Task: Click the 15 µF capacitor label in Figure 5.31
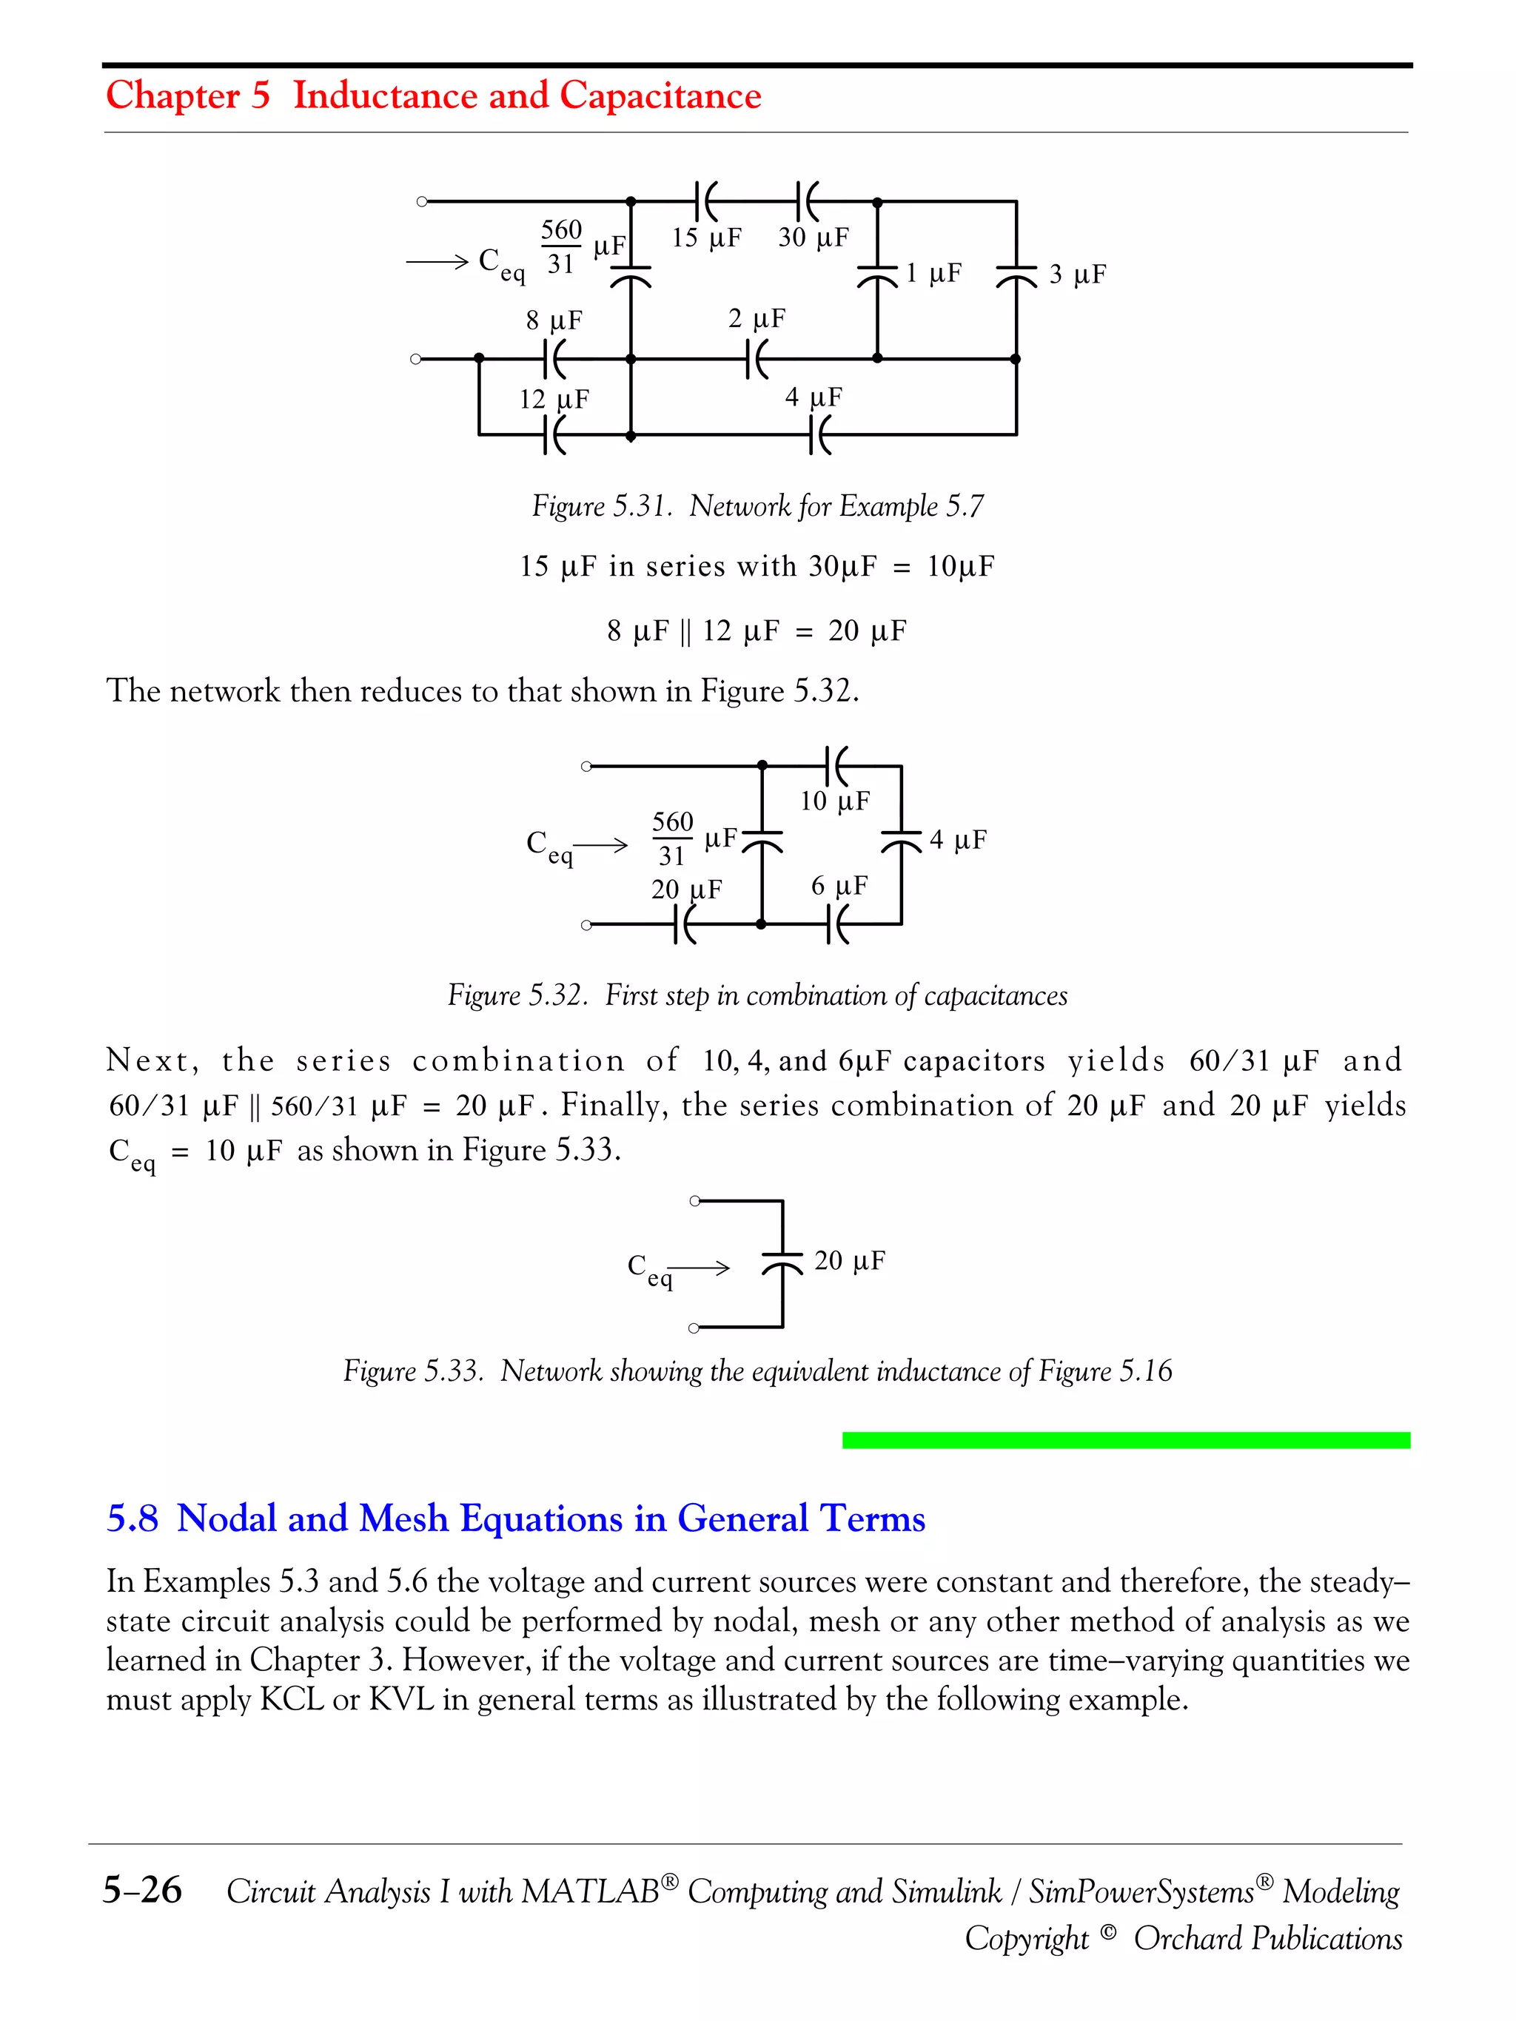tap(705, 238)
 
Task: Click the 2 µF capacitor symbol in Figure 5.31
tap(757, 359)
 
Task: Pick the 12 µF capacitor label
tap(554, 400)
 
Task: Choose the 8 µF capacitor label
tap(554, 320)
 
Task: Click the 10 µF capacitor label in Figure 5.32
tap(834, 801)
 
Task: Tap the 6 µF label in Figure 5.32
tap(839, 887)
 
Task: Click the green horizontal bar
tap(1125, 1440)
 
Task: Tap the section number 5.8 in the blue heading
tap(133, 1519)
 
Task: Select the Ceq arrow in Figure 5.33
tap(702, 1267)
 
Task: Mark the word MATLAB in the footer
tap(590, 1891)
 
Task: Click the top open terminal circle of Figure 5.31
tap(422, 202)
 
